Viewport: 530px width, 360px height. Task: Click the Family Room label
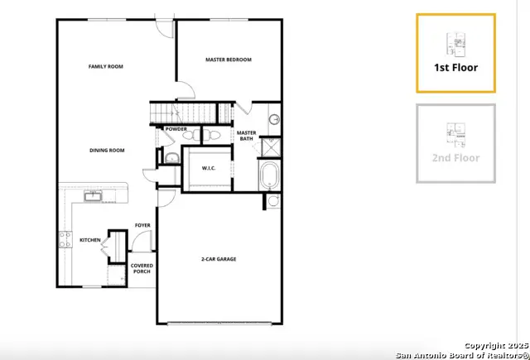pos(105,66)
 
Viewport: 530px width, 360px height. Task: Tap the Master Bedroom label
pos(228,60)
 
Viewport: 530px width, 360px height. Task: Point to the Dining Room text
pos(107,151)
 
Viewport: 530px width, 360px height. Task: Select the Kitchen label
pos(89,241)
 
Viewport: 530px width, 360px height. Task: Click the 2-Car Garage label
pos(219,259)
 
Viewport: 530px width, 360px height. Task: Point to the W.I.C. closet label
pos(210,169)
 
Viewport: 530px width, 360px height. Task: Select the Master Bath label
pos(246,136)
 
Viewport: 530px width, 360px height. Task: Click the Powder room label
pos(176,129)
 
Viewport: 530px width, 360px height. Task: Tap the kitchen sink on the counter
pos(93,196)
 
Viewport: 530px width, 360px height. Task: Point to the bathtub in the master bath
pos(271,175)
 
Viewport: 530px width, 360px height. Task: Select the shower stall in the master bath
pos(270,146)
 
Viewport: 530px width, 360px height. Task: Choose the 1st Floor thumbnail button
pos(456,53)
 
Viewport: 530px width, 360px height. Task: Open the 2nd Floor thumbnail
pos(456,143)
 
